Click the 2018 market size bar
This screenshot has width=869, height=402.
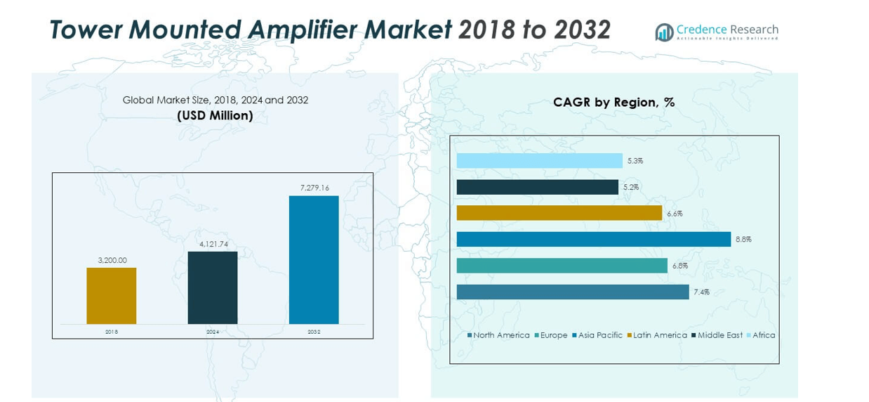[112, 296]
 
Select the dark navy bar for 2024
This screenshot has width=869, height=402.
[213, 287]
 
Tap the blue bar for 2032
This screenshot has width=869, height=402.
[314, 259]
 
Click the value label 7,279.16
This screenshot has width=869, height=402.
[314, 188]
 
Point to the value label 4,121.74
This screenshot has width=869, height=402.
[213, 244]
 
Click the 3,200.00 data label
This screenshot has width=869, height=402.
[112, 260]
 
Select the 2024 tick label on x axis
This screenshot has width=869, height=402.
[213, 332]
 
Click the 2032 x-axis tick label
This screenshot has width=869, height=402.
[314, 332]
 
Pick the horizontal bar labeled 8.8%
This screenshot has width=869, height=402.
[593, 240]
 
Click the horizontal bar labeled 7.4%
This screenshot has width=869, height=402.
[573, 292]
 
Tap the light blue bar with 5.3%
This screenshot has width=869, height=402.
[539, 161]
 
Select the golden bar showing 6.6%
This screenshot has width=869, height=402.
[559, 213]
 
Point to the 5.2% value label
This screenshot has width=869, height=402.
[631, 188]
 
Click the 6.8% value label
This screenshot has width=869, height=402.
[679, 266]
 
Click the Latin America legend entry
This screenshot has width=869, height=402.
[659, 335]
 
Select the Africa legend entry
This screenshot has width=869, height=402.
[763, 335]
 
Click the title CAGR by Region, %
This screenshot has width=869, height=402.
[613, 103]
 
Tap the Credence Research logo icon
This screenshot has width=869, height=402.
[664, 32]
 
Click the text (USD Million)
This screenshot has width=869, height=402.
[215, 115]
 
